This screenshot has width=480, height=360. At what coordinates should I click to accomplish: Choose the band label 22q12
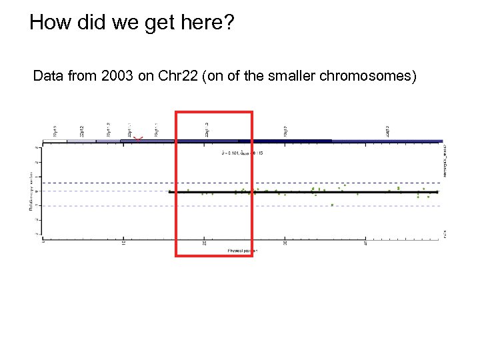coord(285,131)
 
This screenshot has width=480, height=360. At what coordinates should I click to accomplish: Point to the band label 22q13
coord(387,131)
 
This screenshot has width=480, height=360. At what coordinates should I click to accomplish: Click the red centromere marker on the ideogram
coord(138,138)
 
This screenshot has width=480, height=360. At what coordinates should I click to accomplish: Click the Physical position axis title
coord(243,250)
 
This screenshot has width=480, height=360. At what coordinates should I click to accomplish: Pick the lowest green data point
coord(332,205)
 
